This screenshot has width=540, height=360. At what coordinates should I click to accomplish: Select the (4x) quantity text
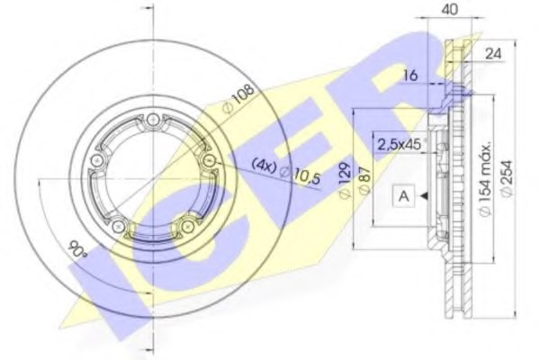click(x=263, y=166)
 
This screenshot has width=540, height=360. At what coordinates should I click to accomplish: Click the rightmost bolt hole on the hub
click(x=210, y=159)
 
